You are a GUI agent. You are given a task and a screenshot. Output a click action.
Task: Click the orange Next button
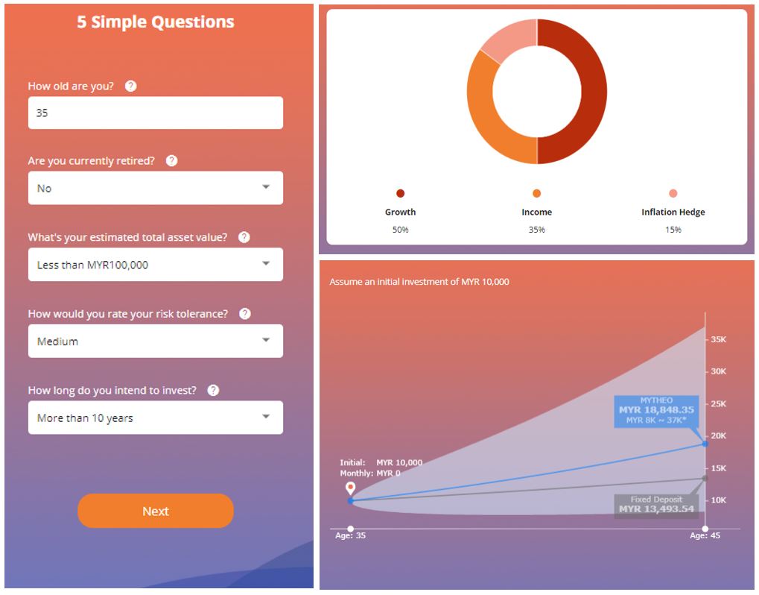pos(156,511)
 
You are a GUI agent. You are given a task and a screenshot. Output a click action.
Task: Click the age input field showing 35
pos(156,113)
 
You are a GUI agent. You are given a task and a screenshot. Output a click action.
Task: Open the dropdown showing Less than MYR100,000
pos(156,265)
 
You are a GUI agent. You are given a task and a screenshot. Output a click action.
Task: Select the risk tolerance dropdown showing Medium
pos(156,341)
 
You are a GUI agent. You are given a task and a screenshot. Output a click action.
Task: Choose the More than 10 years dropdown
pos(156,418)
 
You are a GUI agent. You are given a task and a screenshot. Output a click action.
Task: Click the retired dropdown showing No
pos(156,188)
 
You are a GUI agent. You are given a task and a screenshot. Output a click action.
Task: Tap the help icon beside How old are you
pos(130,86)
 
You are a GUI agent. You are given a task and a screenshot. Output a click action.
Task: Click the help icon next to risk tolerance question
pos(245,314)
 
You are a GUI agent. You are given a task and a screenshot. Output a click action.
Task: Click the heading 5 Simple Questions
pos(156,22)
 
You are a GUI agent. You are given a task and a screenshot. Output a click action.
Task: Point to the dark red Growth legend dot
pos(401,194)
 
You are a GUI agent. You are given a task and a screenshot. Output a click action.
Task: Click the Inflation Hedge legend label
pos(673,212)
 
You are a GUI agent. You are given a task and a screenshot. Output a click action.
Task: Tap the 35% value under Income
pos(536,230)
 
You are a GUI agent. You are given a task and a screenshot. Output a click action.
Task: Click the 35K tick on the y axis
pos(718,339)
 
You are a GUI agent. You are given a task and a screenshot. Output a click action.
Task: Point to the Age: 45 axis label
pos(705,535)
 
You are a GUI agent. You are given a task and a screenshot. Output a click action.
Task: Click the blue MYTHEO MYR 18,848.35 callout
pos(656,411)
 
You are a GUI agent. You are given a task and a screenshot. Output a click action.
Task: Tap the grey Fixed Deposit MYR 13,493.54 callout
pos(656,505)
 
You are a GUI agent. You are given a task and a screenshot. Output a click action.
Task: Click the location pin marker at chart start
pos(350,488)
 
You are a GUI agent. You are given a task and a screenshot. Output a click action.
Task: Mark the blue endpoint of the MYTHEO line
pos(705,444)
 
